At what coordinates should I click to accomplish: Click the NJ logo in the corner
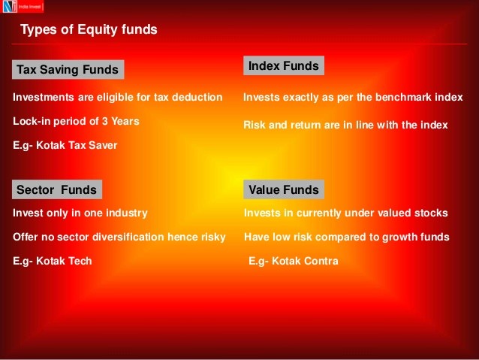(x=23, y=7)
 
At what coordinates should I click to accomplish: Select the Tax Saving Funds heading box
(x=68, y=69)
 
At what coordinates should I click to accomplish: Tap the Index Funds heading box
(x=284, y=65)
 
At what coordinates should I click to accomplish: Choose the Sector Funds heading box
(x=57, y=189)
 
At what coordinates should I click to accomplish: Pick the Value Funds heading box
(x=284, y=189)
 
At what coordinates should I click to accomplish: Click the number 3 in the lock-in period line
(x=105, y=121)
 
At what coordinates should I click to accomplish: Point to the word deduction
(x=197, y=97)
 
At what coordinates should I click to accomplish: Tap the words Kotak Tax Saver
(x=77, y=145)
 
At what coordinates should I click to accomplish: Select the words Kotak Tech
(x=64, y=261)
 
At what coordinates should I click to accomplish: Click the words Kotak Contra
(x=305, y=261)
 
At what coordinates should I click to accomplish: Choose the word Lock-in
(x=32, y=121)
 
